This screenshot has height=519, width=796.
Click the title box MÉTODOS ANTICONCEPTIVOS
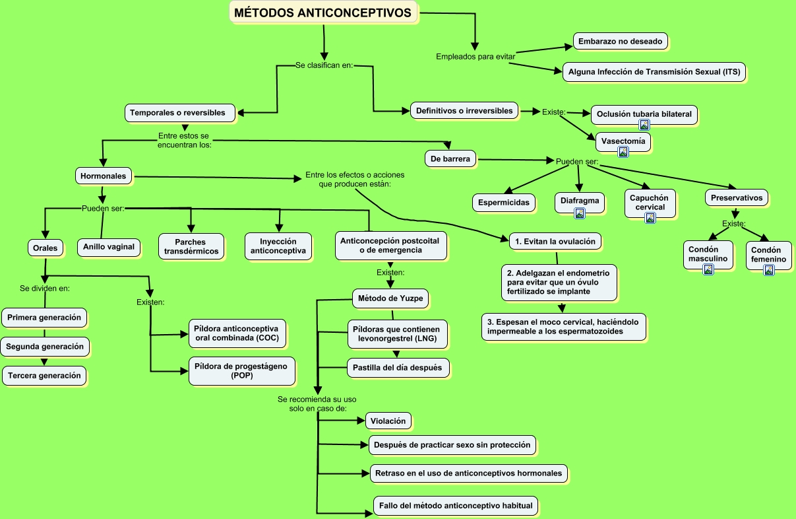pyautogui.click(x=322, y=13)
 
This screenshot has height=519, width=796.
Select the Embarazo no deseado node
pyautogui.click(x=620, y=41)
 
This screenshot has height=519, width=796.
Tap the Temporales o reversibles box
pyautogui.click(x=180, y=113)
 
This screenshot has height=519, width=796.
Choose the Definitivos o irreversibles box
pyautogui.click(x=464, y=111)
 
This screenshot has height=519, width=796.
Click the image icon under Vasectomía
pyautogui.click(x=623, y=153)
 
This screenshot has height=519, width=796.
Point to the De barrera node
pyautogui.click(x=450, y=158)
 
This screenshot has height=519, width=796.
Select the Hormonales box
pyautogui.click(x=104, y=176)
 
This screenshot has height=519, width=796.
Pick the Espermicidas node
pyautogui.click(x=504, y=203)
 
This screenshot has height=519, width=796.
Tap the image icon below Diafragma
pyautogui.click(x=580, y=213)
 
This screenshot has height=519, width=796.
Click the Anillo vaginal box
pyautogui.click(x=109, y=247)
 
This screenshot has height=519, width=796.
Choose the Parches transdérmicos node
pyautogui.click(x=191, y=246)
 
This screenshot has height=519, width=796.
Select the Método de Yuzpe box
pyautogui.click(x=390, y=298)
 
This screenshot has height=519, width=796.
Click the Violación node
pyautogui.click(x=388, y=421)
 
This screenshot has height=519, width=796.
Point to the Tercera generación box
pyautogui.click(x=44, y=376)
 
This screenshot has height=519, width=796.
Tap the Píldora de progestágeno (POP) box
pyautogui.click(x=241, y=370)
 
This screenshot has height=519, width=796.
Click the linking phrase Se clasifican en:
pyautogui.click(x=324, y=65)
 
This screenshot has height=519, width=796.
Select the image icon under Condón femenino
pyautogui.click(x=769, y=271)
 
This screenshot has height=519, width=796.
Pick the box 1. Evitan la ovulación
pyautogui.click(x=555, y=241)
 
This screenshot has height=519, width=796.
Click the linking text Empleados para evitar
pyautogui.click(x=475, y=57)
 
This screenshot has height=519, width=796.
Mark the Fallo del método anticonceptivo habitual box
pyautogui.click(x=456, y=506)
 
